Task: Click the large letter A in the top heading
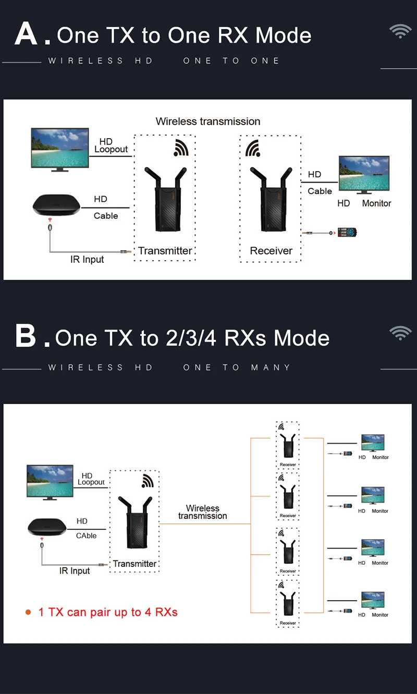27,34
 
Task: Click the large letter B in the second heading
26,336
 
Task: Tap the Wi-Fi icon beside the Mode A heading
400,31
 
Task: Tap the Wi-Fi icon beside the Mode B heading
400,333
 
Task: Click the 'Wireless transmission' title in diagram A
208,121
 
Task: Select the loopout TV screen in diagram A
59,148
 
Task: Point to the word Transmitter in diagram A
165,251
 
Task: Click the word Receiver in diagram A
271,251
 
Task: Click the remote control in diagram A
348,232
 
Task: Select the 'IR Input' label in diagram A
87,260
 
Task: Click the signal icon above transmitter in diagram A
181,148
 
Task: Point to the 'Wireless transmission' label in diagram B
202,512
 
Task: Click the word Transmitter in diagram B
134,564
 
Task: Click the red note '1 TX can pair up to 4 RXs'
108,612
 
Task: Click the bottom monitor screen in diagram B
373,600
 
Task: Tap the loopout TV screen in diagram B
50,481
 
